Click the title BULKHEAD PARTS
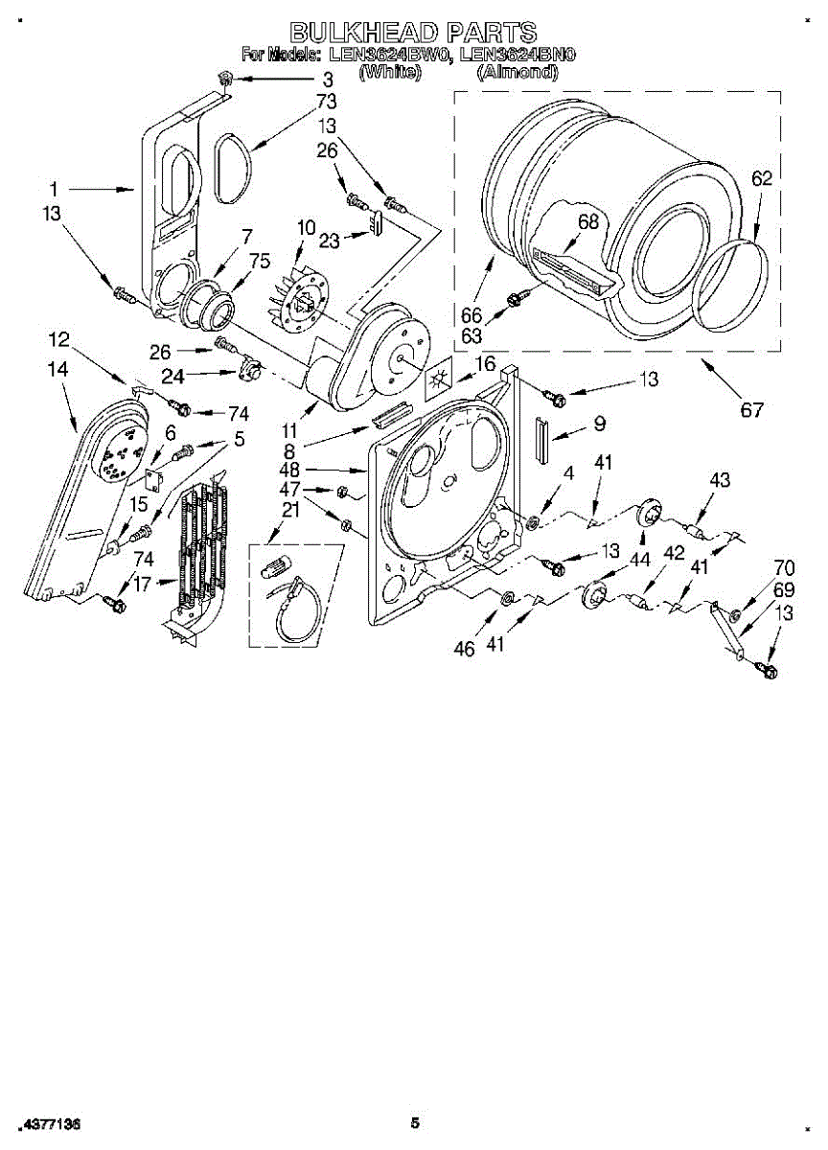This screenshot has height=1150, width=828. click(413, 32)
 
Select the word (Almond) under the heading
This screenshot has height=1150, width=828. click(517, 72)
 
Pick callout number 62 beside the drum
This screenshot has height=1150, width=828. click(762, 178)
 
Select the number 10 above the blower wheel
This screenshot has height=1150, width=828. click(306, 227)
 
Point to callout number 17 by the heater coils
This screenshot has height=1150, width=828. click(142, 581)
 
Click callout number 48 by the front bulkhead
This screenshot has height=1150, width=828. click(342, 471)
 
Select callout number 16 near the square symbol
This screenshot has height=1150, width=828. click(485, 363)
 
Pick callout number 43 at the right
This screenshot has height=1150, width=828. click(720, 480)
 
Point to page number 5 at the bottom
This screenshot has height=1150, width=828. click(415, 1123)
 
